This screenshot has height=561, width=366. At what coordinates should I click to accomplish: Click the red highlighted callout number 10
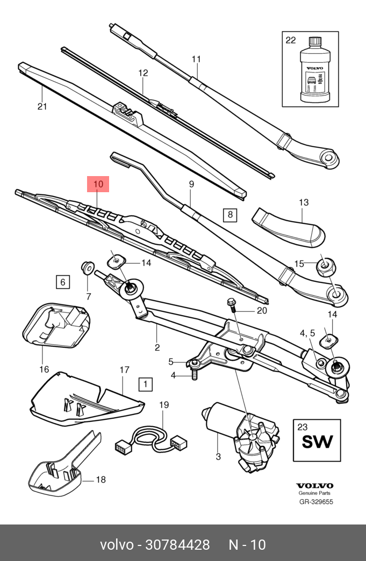(98, 184)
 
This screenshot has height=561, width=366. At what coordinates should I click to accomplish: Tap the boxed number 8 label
(229, 215)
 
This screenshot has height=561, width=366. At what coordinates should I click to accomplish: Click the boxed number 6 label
(62, 281)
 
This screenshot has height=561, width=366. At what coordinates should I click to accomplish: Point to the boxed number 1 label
(145, 384)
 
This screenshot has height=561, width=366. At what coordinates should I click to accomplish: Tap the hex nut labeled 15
(326, 264)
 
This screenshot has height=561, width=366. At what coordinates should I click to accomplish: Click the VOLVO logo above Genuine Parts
(315, 485)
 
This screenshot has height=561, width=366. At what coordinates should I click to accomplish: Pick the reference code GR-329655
(316, 502)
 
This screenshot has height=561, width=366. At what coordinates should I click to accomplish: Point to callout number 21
(42, 106)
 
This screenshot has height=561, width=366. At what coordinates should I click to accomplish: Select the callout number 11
(196, 59)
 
